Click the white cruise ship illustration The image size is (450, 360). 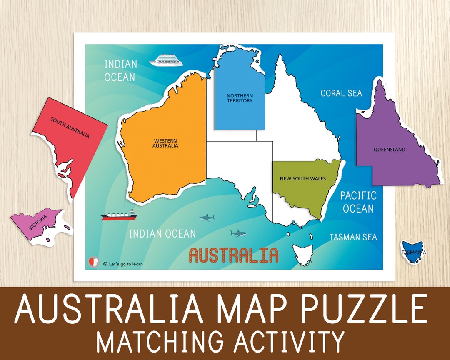pyautogui.click(x=166, y=60)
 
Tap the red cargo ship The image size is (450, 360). pyautogui.click(x=119, y=215)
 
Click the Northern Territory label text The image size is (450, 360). pyautogui.click(x=240, y=98)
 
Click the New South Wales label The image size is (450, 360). pyautogui.click(x=302, y=178)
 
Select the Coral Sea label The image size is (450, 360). pyautogui.click(x=341, y=93)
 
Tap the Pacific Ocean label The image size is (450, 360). pyautogui.click(x=358, y=202)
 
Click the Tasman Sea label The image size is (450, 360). pyautogui.click(x=353, y=237)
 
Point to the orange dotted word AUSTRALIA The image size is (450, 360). pyautogui.click(x=234, y=255)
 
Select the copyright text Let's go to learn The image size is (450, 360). pyautogui.click(x=122, y=263)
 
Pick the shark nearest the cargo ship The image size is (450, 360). pyautogui.click(x=207, y=217)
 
